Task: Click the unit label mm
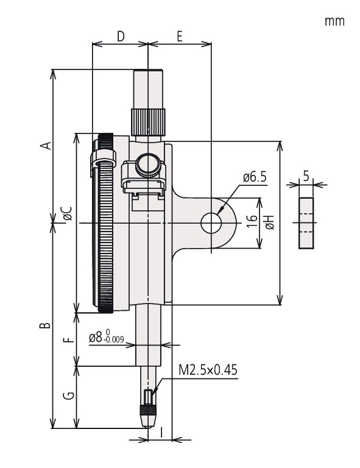334,21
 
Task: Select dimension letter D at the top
120,36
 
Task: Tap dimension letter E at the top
180,36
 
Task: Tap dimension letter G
69,396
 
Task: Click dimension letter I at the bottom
161,432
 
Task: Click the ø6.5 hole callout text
255,177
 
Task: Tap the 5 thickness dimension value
306,175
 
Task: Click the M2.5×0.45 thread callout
207,369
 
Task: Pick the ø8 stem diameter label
107,336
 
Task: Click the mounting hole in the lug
211,223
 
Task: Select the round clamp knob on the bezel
148,164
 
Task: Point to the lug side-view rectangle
306,223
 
